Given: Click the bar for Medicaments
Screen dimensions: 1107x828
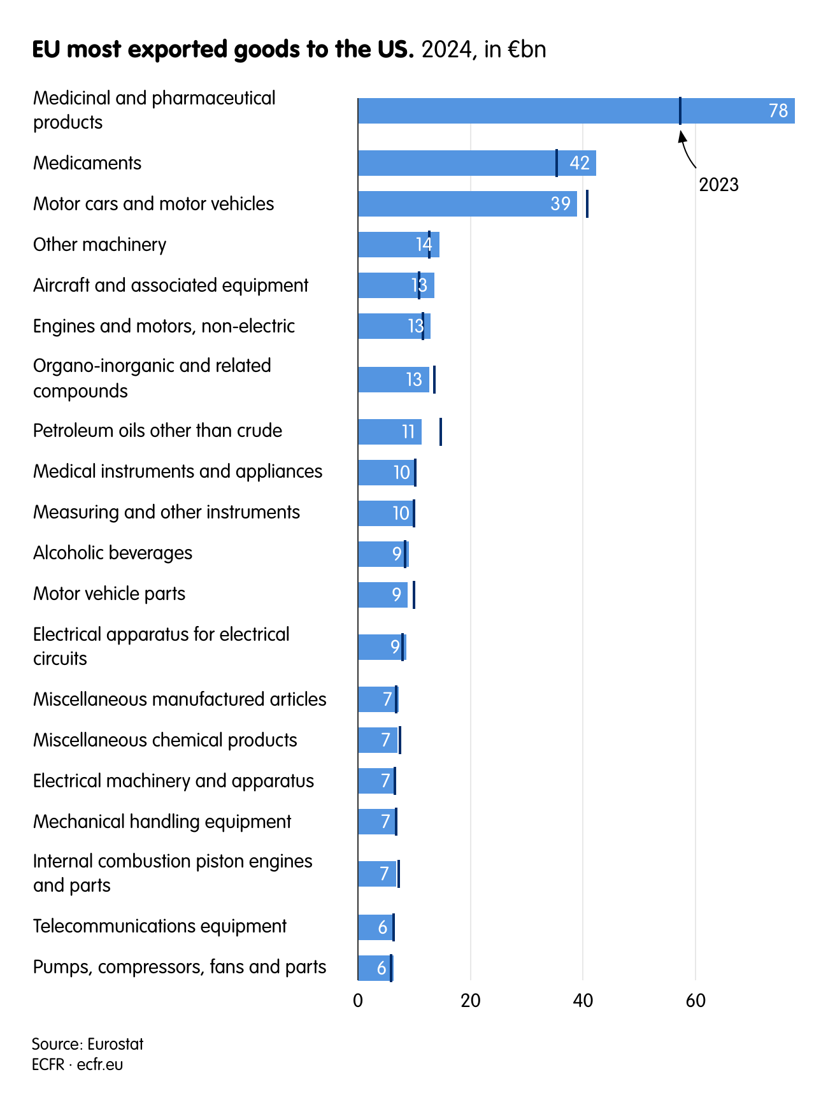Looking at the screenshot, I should (459, 163).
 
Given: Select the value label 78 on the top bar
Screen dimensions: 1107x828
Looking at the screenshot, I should (778, 111).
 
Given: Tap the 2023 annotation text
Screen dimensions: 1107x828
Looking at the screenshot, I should (718, 185).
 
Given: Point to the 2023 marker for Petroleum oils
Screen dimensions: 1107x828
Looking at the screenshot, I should (440, 432).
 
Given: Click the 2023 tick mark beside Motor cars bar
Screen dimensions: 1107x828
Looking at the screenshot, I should (587, 204).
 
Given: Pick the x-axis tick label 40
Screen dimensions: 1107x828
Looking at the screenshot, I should (583, 1001).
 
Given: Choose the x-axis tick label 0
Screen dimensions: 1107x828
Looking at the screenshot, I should (358, 1001).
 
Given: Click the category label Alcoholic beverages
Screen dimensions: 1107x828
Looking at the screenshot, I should (113, 553).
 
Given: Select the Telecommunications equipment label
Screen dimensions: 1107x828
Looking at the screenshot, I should (160, 926).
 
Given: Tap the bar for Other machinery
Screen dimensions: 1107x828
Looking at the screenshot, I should (389, 245).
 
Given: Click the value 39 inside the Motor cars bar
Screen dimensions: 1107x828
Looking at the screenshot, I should (560, 204).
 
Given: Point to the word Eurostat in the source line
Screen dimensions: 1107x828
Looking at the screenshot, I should (115, 1044).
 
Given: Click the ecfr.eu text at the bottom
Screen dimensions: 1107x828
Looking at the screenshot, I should (100, 1064).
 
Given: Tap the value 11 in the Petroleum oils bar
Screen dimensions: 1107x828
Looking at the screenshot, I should (408, 432).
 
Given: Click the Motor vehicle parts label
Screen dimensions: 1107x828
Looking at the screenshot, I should (109, 594).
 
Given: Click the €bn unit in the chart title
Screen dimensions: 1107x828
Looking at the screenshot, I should (527, 50).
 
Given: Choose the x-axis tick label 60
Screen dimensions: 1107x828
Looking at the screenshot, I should (696, 1001).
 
